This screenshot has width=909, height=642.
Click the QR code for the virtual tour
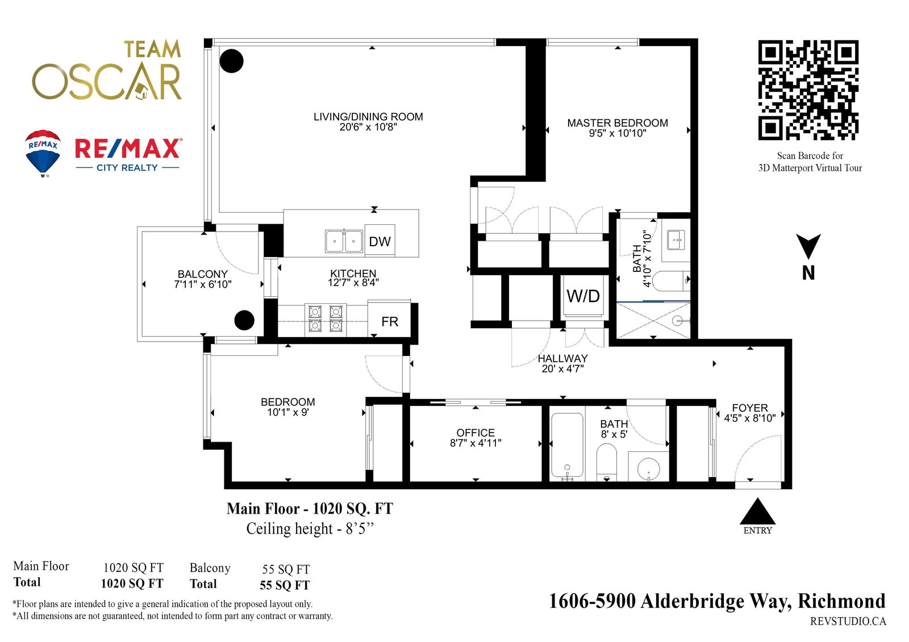click(x=808, y=90)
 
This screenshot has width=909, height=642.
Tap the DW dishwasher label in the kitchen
click(x=380, y=242)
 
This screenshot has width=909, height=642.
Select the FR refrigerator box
click(x=389, y=319)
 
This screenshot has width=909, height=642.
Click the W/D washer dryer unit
click(x=583, y=296)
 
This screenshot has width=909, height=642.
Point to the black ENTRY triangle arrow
click(x=757, y=512)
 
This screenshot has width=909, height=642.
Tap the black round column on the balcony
click(x=244, y=320)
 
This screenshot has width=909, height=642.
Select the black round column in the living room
click(x=231, y=61)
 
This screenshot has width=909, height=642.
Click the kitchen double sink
click(x=344, y=241)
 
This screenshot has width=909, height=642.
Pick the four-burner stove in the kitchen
click(x=326, y=319)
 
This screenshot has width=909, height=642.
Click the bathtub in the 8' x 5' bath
click(x=568, y=447)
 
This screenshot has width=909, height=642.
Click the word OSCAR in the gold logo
click(x=106, y=82)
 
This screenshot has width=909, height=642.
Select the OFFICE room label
click(x=475, y=433)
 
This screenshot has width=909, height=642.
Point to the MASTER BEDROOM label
click(x=617, y=123)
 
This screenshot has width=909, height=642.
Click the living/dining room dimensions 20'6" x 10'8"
click(x=368, y=127)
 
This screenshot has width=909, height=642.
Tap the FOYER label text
click(x=750, y=408)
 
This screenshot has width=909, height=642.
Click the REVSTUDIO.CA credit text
click(x=848, y=622)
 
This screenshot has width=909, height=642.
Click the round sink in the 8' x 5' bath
click(x=648, y=469)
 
